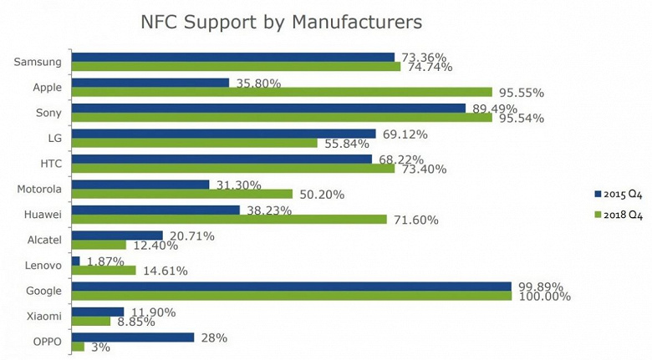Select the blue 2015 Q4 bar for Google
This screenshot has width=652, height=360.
point(291,286)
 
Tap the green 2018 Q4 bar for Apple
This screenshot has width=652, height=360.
point(282,92)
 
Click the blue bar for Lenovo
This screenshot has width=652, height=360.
point(76,261)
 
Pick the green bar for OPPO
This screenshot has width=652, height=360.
point(78,347)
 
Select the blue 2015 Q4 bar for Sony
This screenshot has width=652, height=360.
point(268,108)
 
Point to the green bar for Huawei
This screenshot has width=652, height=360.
point(229,219)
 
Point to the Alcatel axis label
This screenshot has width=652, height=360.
point(43,240)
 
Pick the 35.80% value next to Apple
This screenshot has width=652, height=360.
point(257,83)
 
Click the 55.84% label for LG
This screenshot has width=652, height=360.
point(345,144)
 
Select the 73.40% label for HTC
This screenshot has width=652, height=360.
point(422,169)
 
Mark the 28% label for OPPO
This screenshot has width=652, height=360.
point(213,337)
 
